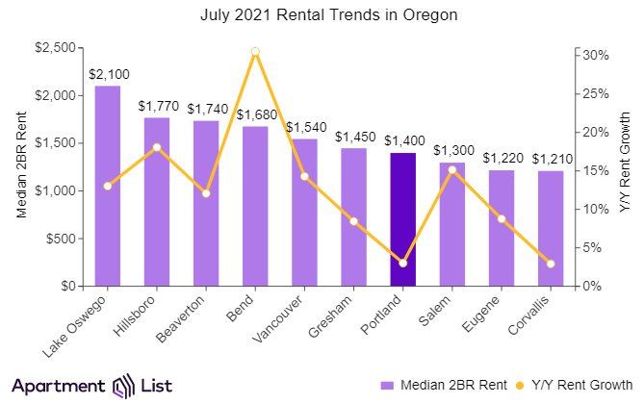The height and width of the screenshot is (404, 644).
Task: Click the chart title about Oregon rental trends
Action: click(x=322, y=15)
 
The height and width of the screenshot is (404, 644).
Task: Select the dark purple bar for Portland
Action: click(x=402, y=219)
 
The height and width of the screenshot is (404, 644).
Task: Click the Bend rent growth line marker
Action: click(x=255, y=52)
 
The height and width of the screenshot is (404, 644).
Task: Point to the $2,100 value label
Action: click(x=108, y=73)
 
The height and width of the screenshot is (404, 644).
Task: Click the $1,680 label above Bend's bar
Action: click(x=255, y=114)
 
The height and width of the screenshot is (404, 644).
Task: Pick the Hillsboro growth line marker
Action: click(x=157, y=147)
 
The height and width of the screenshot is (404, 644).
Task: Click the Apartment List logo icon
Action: click(x=123, y=385)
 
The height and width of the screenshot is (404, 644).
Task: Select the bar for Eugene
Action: click(x=502, y=228)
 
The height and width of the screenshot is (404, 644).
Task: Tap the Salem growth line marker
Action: click(x=451, y=170)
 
